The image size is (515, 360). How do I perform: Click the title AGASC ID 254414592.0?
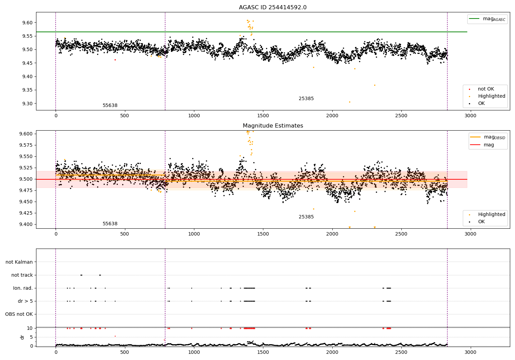coord(273,8)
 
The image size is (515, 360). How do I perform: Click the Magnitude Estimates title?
coord(273,126)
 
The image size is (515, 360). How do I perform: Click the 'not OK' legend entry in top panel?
coord(486,89)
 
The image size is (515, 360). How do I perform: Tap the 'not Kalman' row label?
coord(19,262)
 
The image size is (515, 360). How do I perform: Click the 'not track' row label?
coord(22,275)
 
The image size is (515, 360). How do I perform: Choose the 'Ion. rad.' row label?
coord(23,288)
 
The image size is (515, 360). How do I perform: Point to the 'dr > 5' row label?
coord(25,301)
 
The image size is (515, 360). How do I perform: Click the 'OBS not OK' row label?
coord(19,314)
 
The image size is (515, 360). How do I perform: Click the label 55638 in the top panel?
coord(110,106)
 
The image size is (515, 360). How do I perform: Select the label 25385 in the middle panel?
coord(306,217)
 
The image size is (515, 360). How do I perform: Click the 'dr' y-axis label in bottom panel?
coord(22,337)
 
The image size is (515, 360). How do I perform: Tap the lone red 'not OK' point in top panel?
coord(115,60)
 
